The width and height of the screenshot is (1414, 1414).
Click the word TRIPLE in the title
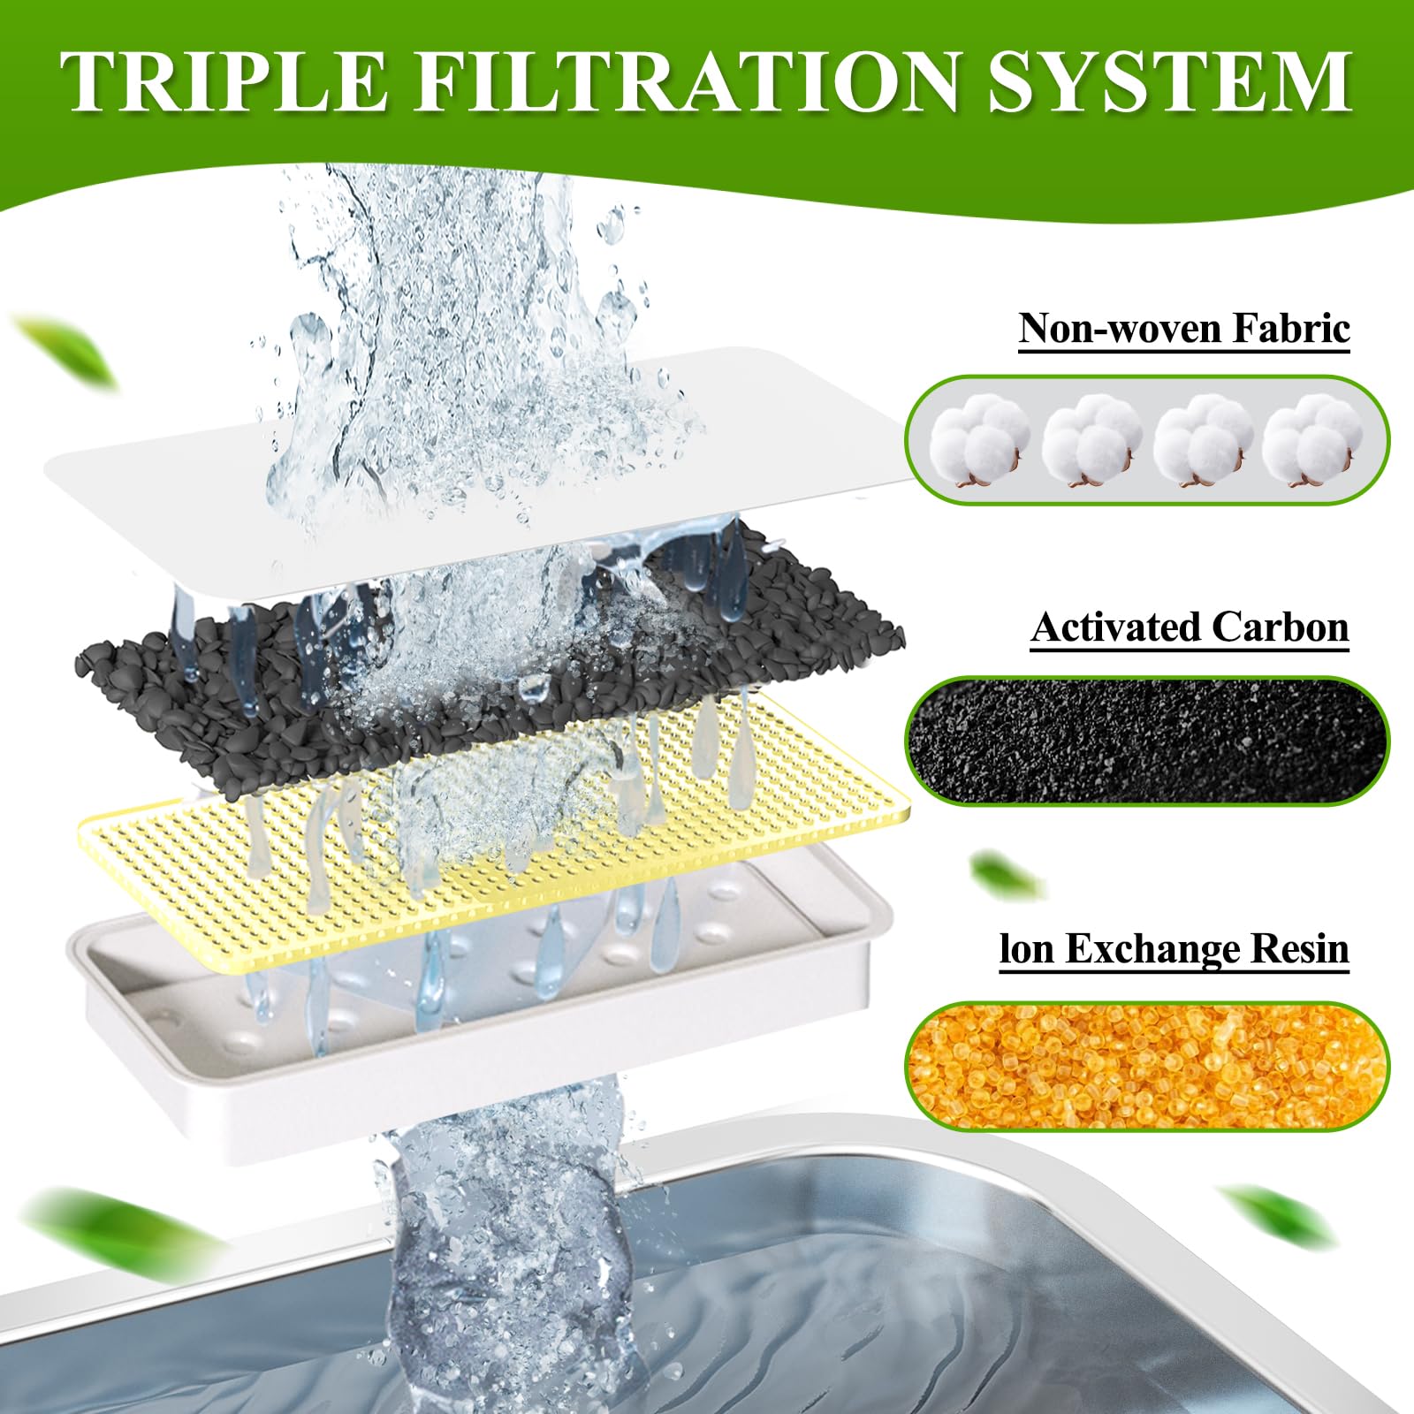pyautogui.click(x=224, y=81)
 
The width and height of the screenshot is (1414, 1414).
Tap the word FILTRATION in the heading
pyautogui.click(x=687, y=81)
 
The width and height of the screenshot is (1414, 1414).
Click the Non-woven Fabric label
pyautogui.click(x=1184, y=328)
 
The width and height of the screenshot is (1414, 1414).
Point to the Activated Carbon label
pyautogui.click(x=1190, y=627)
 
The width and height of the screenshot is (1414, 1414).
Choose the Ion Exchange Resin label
pyautogui.click(x=1175, y=949)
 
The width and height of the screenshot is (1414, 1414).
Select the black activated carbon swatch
pyautogui.click(x=1147, y=741)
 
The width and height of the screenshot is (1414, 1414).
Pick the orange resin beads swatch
pyautogui.click(x=1147, y=1066)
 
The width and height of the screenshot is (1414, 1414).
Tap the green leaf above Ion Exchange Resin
pyautogui.click(x=1007, y=875)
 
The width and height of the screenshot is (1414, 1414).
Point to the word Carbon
pyautogui.click(x=1281, y=627)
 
